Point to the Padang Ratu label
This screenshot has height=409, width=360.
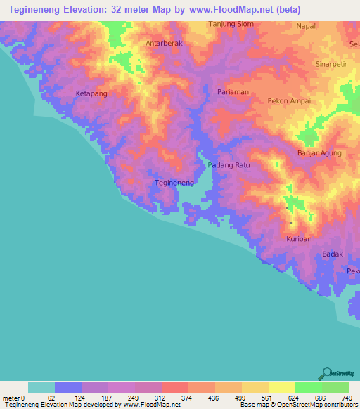(x=229, y=165)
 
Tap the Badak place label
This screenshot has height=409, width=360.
(x=332, y=254)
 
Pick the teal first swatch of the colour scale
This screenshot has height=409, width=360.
(x=41, y=387)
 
